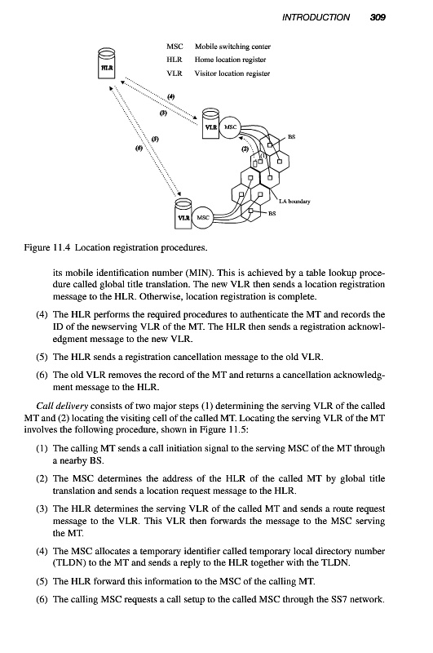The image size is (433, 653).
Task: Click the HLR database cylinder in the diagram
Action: point(106,63)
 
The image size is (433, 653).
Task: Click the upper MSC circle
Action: point(230,127)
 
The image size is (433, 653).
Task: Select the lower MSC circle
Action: point(202,217)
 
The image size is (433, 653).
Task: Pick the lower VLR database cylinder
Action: point(183,213)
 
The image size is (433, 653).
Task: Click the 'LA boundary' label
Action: point(294,202)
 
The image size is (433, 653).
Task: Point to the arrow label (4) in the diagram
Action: point(171,96)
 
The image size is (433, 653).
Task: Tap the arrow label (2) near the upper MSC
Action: point(245,149)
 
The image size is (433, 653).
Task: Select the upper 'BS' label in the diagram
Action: point(292,136)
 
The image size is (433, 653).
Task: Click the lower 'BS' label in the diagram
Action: point(272,214)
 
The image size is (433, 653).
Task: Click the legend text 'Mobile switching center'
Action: point(232,47)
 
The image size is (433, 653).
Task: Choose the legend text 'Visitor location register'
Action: point(232,73)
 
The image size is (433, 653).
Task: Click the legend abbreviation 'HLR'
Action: point(175,60)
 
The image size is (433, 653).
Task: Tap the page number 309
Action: point(378,17)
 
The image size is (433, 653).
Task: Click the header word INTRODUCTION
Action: point(316,17)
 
